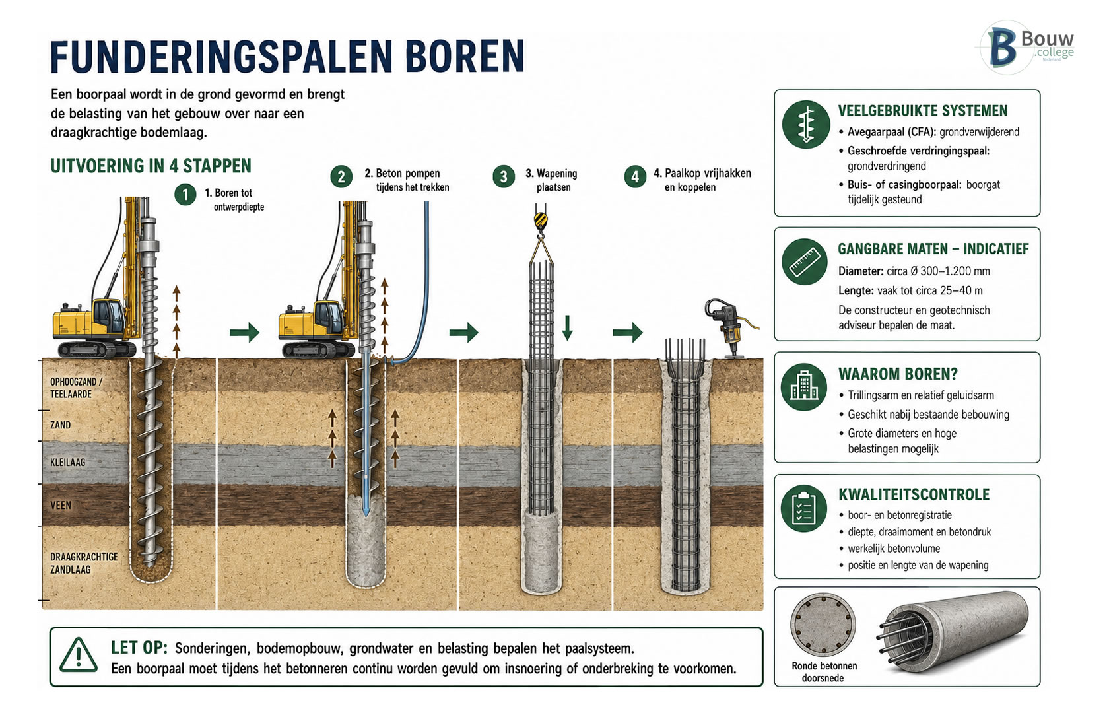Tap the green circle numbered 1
click(x=185, y=195)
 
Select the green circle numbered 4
click(x=635, y=176)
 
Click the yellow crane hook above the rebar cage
click(x=541, y=221)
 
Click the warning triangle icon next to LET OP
click(x=78, y=655)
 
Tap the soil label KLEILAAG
click(x=68, y=462)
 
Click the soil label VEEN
click(x=61, y=506)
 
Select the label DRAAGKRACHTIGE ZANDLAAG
click(x=84, y=563)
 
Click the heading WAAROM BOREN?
click(x=898, y=374)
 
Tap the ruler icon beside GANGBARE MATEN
click(x=805, y=261)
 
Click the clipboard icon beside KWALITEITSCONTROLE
click(x=803, y=508)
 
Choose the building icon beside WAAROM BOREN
click(x=803, y=388)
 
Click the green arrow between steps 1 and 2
click(x=244, y=332)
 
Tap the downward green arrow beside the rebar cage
click(x=568, y=327)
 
